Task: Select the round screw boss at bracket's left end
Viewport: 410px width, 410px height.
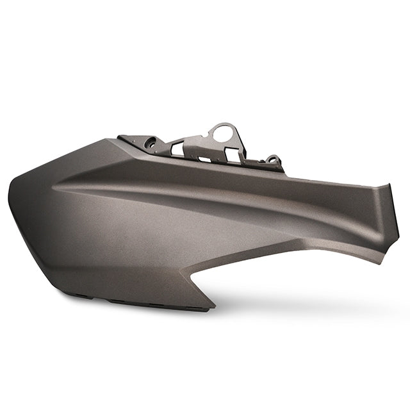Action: (151, 144)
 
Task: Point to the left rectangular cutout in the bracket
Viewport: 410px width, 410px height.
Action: (176, 149)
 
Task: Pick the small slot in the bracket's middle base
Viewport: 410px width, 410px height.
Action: (204, 158)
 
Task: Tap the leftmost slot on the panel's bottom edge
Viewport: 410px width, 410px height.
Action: (80, 296)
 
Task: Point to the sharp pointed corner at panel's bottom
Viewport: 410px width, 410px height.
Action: (214, 306)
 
